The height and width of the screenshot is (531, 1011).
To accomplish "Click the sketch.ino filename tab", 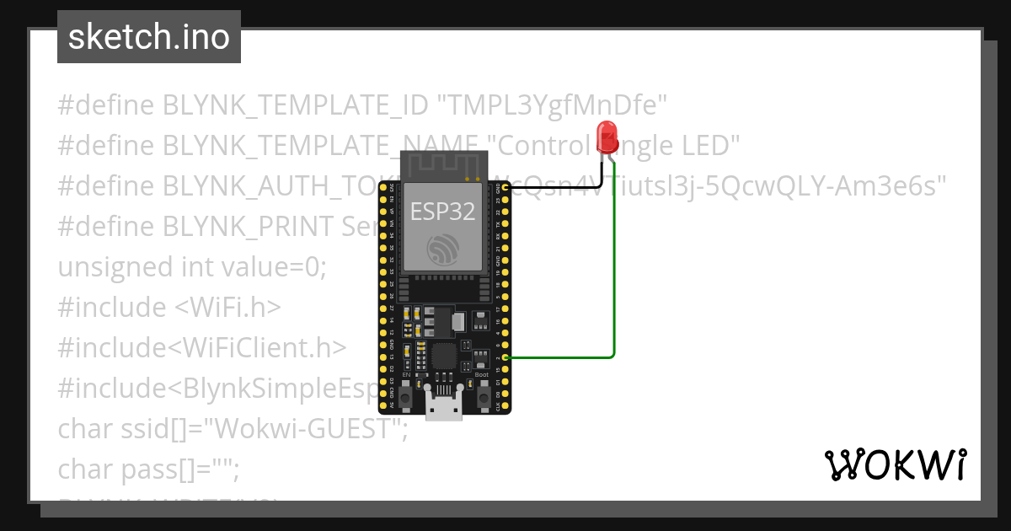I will [149, 37].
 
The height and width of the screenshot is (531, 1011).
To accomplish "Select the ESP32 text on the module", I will [442, 211].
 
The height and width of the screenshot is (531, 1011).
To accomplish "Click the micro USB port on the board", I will [443, 408].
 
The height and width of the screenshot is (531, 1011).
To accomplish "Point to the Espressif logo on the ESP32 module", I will [443, 249].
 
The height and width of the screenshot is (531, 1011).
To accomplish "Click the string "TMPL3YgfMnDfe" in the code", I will [552, 105].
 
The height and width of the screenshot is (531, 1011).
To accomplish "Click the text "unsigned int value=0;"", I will [192, 267].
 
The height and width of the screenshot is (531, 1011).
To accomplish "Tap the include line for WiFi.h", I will [169, 308].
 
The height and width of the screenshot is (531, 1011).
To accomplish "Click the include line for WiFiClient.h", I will [202, 348].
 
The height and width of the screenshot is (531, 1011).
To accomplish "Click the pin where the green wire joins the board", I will [505, 357].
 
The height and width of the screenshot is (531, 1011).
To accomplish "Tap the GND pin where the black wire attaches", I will [505, 188].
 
